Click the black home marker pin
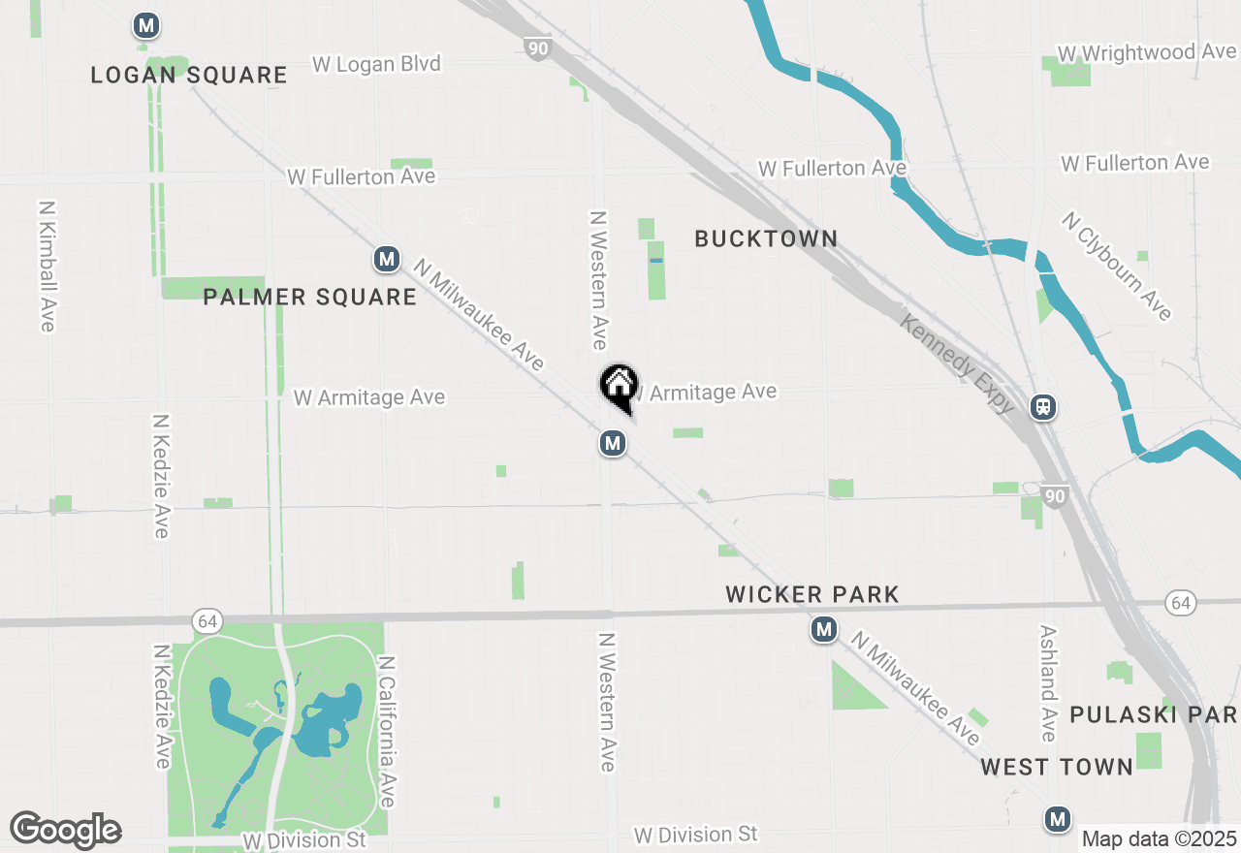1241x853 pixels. [x=619, y=386]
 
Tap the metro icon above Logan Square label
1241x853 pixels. [x=146, y=25]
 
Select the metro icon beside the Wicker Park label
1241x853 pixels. [x=824, y=630]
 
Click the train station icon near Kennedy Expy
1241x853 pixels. [x=1043, y=407]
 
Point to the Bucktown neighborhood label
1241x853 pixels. [x=766, y=238]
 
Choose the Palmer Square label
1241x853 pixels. [x=309, y=297]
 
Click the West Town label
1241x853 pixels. [x=1057, y=767]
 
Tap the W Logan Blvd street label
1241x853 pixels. [x=376, y=64]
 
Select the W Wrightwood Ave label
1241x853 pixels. [x=1147, y=52]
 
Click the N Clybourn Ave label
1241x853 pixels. [x=1117, y=266]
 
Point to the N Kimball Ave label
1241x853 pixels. [x=47, y=267]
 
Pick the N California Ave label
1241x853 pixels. [x=387, y=732]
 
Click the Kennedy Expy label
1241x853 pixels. [x=958, y=363]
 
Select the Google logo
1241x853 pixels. [x=65, y=831]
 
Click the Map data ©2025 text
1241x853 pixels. [x=1159, y=838]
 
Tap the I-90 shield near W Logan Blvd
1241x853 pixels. [x=536, y=48]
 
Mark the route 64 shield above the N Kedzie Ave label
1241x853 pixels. [x=205, y=620]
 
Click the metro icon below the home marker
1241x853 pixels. [x=611, y=444]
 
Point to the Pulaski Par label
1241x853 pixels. [x=1153, y=714]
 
